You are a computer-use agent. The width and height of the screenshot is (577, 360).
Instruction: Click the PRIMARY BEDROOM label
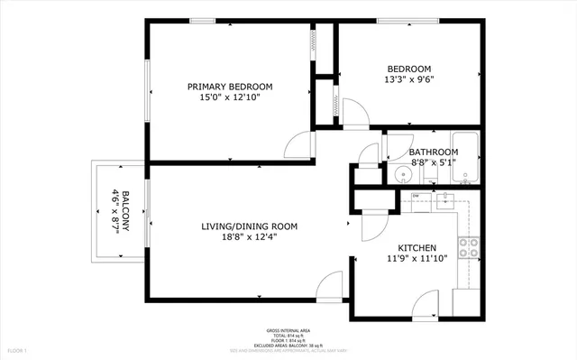point(229,87)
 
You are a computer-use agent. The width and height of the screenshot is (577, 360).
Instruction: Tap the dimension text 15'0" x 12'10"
point(229,98)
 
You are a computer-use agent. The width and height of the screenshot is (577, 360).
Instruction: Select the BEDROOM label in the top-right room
point(408,69)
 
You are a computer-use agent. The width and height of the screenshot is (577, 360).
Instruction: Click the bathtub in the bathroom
point(465,158)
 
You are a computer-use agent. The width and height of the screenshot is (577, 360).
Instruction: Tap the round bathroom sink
point(403,174)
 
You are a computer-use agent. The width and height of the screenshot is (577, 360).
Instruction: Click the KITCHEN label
point(417,248)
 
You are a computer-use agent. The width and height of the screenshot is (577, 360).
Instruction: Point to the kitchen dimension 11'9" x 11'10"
point(417,260)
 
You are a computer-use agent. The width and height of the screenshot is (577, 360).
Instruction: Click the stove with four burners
point(469,248)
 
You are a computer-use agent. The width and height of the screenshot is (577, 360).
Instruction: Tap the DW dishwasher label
point(416,196)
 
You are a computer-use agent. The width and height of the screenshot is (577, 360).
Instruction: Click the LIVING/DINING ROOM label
point(249,226)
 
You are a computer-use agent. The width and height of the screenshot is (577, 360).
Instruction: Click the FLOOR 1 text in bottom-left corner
point(17,349)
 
